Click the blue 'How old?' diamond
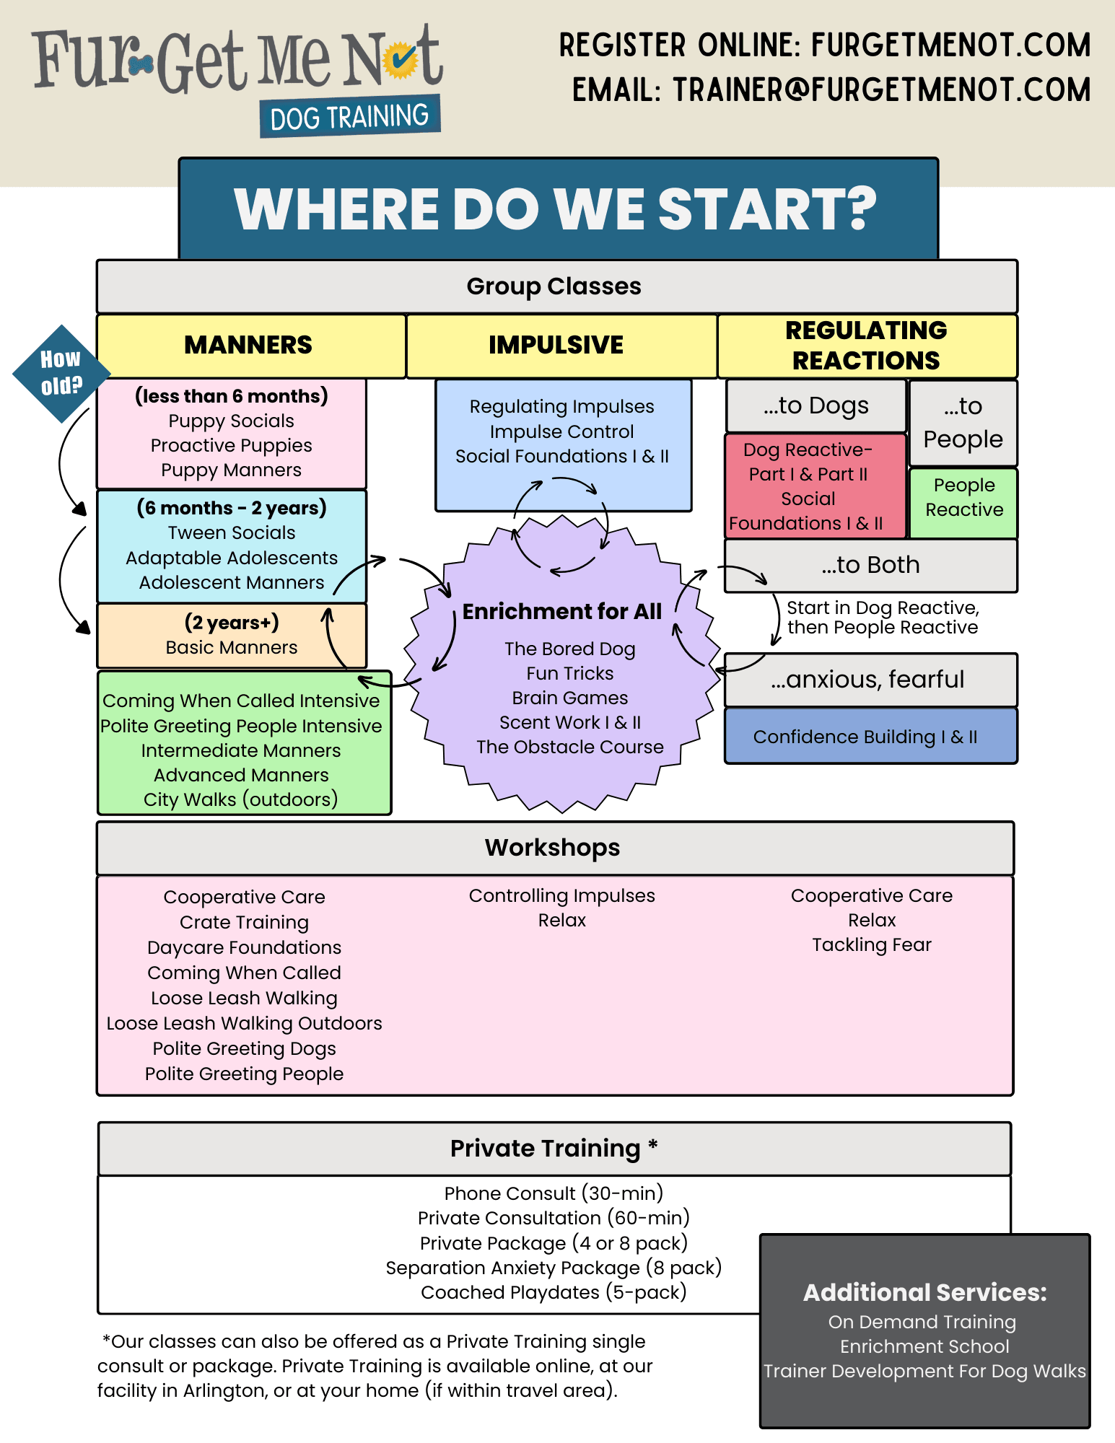(x=61, y=373)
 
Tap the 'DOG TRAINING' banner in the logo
(x=350, y=116)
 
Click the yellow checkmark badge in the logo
(x=400, y=61)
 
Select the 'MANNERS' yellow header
(x=248, y=345)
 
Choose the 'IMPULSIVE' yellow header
(x=556, y=345)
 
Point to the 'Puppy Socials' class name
(x=231, y=421)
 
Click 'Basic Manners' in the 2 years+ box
(x=231, y=647)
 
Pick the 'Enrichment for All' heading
(x=561, y=611)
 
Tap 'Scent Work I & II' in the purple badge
(x=569, y=722)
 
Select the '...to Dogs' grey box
(x=816, y=405)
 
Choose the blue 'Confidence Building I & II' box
(x=865, y=737)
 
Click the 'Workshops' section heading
(x=552, y=848)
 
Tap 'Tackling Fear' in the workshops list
(x=872, y=944)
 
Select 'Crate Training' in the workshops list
(x=244, y=922)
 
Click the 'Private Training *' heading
(x=554, y=1148)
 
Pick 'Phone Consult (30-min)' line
(x=554, y=1193)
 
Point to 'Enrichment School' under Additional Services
(x=924, y=1346)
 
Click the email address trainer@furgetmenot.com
(x=881, y=90)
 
